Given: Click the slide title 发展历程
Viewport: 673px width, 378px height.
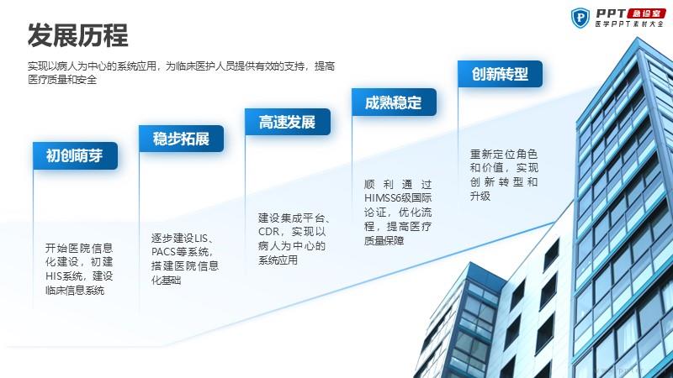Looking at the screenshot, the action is (77, 35).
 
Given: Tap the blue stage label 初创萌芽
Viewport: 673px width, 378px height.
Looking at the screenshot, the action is (75, 155).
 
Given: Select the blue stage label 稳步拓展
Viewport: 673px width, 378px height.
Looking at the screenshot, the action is (181, 139).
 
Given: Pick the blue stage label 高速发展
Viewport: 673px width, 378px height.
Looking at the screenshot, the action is (288, 122).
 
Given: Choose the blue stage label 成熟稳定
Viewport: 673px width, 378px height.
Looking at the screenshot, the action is (394, 102).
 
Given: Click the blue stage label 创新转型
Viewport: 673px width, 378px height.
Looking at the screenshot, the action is (500, 74).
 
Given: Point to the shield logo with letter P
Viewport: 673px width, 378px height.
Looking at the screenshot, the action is (580, 18).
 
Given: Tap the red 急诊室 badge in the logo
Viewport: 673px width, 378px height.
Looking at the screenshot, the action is (646, 13).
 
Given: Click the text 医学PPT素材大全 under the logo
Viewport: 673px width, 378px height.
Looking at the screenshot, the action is (629, 24).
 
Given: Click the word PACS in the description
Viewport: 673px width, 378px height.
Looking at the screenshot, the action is (162, 251).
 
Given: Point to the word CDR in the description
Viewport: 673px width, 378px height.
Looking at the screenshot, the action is (268, 232).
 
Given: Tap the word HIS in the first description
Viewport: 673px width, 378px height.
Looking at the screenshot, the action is (54, 276).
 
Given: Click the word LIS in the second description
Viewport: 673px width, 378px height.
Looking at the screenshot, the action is (200, 238).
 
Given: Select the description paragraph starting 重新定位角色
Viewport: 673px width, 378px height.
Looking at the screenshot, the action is (504, 175).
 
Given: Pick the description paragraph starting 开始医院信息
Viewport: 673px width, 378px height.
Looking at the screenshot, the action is (79, 269).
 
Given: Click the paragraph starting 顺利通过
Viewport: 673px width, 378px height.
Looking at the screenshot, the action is (398, 213).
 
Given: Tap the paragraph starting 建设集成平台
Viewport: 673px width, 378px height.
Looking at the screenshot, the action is (294, 239).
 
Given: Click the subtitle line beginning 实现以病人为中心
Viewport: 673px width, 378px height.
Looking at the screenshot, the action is (181, 66).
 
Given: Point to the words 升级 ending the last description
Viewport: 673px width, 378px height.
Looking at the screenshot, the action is (480, 197).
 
